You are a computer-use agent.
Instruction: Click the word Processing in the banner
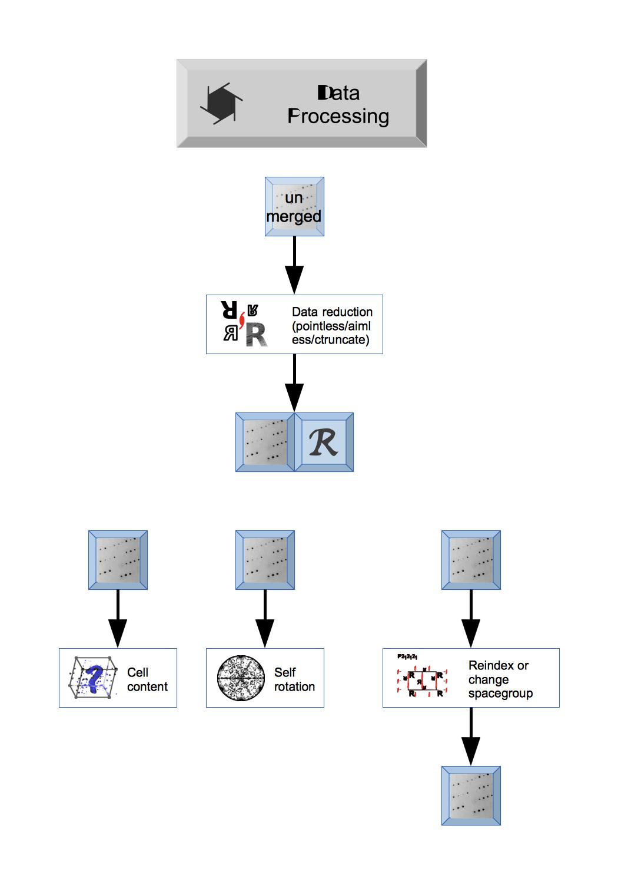point(338,116)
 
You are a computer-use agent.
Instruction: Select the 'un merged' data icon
point(294,207)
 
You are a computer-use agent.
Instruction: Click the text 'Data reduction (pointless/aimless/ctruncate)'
point(332,325)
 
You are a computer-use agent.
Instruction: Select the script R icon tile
point(324,442)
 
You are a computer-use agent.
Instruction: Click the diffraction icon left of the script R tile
point(265,442)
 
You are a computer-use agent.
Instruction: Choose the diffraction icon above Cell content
point(118,560)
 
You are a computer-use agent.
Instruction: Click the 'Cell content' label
point(147,679)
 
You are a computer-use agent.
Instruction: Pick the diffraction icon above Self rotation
point(265,560)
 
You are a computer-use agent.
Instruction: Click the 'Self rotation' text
point(294,679)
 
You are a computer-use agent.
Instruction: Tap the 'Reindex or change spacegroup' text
point(500,679)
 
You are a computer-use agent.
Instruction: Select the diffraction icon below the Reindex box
point(471,795)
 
